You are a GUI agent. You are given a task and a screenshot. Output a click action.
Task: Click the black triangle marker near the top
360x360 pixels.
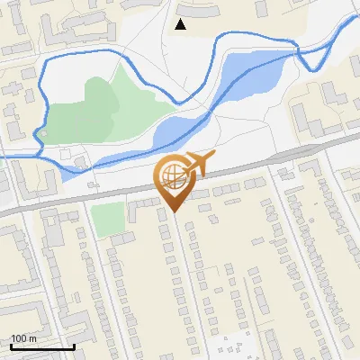180,24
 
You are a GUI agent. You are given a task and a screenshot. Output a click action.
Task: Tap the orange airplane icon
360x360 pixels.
199,165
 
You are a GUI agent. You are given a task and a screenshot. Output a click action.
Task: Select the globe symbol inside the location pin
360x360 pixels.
171,175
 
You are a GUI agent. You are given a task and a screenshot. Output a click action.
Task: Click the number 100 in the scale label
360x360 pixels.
19,338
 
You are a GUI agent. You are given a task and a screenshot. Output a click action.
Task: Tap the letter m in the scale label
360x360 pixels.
33,338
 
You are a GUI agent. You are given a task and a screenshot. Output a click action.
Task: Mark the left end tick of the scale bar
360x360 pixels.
10,346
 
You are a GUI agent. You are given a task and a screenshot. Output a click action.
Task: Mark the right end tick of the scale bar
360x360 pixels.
74,346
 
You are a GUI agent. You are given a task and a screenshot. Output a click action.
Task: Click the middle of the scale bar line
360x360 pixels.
42,346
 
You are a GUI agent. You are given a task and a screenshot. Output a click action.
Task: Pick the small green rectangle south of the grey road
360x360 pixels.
107,219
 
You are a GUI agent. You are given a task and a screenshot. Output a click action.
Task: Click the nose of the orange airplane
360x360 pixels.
213,157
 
